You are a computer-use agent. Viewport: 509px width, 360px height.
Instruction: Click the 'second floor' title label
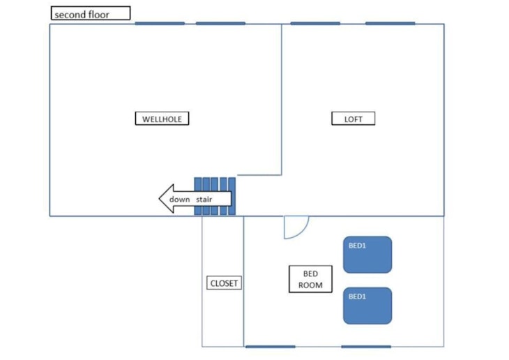point(90,13)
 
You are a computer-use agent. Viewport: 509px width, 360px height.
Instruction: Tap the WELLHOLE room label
point(162,119)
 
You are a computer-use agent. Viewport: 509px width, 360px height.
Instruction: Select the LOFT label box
point(353,119)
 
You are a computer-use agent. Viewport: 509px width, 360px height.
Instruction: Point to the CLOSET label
point(225,283)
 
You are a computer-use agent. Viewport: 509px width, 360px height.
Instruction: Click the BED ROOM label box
point(310,280)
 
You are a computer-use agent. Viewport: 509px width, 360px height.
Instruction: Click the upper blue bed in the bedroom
point(367,255)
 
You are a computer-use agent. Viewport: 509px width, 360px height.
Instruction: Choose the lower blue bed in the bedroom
point(367,306)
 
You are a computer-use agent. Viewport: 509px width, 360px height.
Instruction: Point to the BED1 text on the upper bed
point(358,245)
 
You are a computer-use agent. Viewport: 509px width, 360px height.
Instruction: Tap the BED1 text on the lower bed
point(358,296)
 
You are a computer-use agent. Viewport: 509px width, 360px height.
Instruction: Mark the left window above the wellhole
point(160,23)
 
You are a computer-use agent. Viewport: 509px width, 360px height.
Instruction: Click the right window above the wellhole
point(220,23)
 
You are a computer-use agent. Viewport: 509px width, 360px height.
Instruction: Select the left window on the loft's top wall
point(315,23)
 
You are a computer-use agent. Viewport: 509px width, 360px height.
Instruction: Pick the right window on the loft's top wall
point(390,23)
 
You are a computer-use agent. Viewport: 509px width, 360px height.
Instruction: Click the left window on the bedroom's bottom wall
point(270,346)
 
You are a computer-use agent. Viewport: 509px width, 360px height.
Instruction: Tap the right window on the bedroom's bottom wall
point(366,346)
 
